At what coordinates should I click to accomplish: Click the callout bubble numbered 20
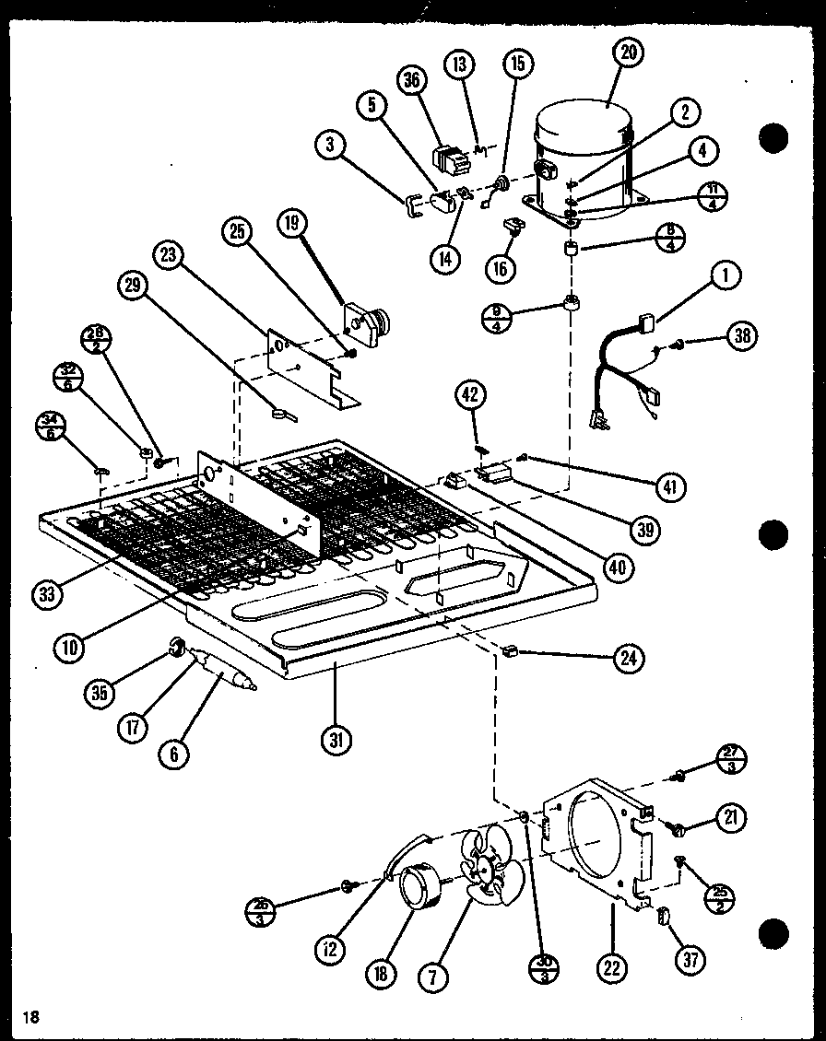point(627,53)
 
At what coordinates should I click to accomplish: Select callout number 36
point(411,80)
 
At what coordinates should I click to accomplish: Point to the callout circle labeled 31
point(337,739)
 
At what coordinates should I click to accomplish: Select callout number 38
point(740,336)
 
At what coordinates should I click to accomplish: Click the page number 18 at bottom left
point(32,1017)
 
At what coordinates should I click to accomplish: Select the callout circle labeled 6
point(173,754)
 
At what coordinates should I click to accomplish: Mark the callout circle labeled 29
point(133,286)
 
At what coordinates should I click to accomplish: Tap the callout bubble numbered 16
point(501,268)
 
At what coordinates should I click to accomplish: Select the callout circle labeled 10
point(69,646)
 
